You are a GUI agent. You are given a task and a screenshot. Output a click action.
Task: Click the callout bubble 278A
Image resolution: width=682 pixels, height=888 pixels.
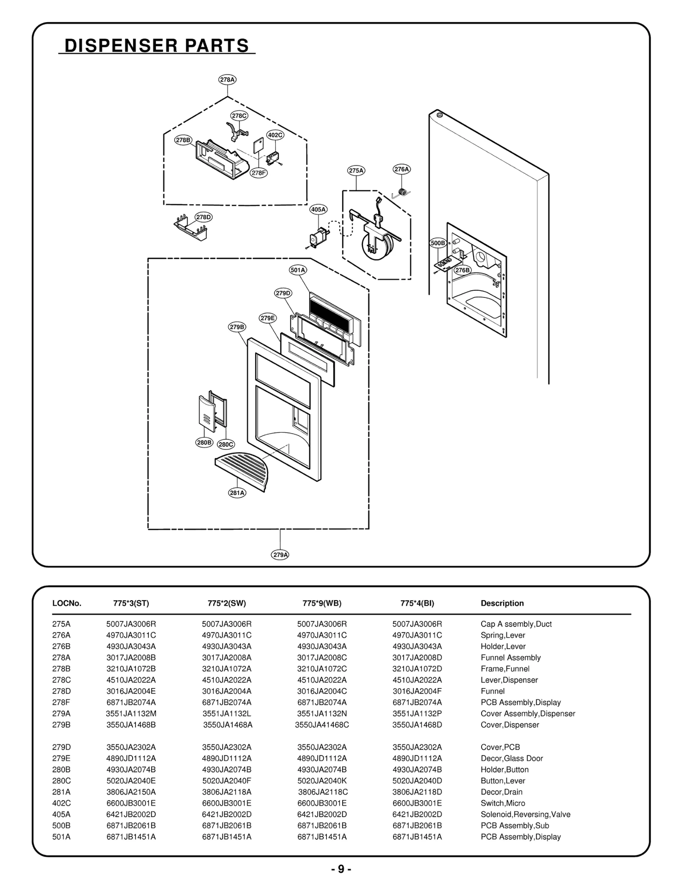[x=228, y=80]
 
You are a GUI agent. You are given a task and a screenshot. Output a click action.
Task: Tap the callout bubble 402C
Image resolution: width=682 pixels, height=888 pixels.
[x=275, y=135]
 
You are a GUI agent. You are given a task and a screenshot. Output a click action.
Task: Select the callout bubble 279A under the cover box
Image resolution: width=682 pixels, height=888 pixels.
[x=280, y=555]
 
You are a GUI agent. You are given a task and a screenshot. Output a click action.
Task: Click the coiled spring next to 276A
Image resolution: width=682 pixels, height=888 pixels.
[x=401, y=192]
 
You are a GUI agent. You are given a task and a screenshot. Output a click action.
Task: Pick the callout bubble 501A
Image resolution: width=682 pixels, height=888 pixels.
[x=298, y=270]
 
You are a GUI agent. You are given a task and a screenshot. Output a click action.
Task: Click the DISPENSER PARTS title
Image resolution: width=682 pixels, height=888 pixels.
[x=156, y=46]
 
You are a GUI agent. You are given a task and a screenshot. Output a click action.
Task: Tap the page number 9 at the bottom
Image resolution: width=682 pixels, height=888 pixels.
[x=341, y=869]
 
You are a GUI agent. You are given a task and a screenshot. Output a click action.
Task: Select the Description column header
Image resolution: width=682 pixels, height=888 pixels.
[x=502, y=603]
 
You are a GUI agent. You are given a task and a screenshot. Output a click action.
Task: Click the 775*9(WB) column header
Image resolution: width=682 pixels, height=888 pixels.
[x=322, y=603]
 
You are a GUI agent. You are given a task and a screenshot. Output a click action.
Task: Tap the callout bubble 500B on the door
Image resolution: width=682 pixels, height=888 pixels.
[x=437, y=243]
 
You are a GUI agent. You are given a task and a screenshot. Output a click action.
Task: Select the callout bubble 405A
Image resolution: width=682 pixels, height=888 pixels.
[x=318, y=209]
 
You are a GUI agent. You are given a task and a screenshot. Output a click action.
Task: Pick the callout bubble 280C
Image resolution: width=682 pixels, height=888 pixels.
[x=226, y=444]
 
